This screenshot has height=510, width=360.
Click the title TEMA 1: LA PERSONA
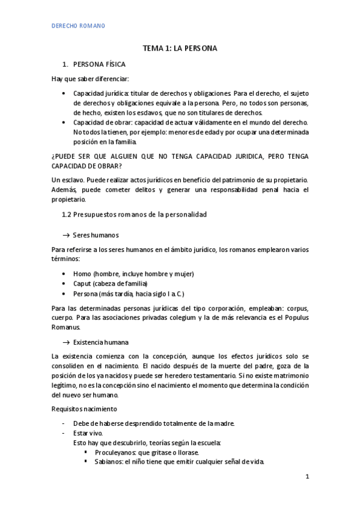180,48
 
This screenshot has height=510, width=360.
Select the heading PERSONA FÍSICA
99,64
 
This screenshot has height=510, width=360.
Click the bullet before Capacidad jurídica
65,94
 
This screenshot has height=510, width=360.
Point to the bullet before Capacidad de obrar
65,123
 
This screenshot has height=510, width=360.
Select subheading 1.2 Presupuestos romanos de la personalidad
135,215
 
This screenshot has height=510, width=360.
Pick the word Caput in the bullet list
83,283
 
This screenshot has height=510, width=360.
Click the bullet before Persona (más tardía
65,293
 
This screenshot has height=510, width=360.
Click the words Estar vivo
88,433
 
